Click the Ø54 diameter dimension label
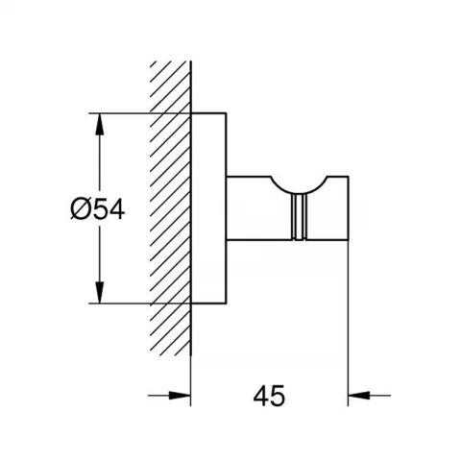click(98, 209)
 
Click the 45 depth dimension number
click(269, 396)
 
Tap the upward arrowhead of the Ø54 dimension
click(100, 125)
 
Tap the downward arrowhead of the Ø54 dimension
click(100, 291)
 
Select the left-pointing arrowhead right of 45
click(359, 396)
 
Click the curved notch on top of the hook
click(299, 188)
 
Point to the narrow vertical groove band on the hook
click(299, 217)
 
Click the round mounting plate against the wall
click(208, 208)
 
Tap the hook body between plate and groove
click(258, 208)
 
